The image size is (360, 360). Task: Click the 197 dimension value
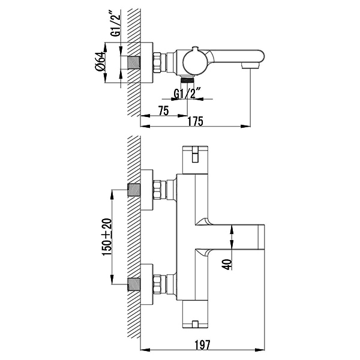(x=202, y=344)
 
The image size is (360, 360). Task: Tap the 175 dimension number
(x=196, y=121)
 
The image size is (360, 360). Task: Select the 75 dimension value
(x=163, y=110)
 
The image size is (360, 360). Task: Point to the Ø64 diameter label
(x=100, y=61)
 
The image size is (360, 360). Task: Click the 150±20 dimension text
(x=107, y=237)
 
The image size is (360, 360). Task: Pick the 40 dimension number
(x=227, y=264)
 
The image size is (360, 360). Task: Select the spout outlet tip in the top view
(x=251, y=66)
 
